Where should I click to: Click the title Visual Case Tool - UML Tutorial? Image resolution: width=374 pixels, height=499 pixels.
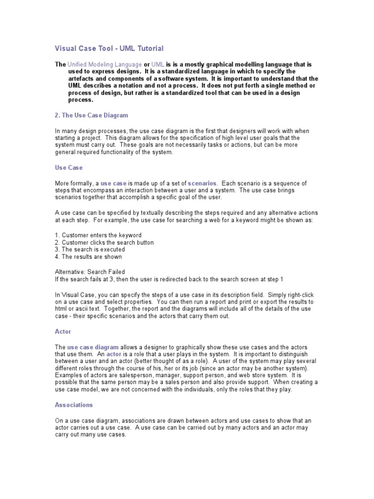click(108, 48)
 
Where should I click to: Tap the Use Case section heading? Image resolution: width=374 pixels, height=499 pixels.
click(69, 168)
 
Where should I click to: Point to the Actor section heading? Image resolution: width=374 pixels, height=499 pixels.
click(63, 331)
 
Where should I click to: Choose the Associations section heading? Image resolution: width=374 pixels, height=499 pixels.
click(74, 405)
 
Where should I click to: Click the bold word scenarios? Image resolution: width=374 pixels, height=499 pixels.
click(203, 183)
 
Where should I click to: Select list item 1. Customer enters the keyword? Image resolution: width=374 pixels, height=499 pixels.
click(98, 235)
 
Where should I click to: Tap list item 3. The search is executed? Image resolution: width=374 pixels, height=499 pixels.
click(90, 249)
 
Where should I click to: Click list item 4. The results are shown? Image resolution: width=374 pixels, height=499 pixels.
click(88, 257)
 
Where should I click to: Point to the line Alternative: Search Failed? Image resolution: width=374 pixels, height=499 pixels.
click(90, 272)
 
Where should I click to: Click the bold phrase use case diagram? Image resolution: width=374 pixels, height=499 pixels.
click(93, 346)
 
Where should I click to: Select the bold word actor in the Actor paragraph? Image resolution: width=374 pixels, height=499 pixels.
click(113, 354)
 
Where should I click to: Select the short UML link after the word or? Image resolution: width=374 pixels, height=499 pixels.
click(158, 64)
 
